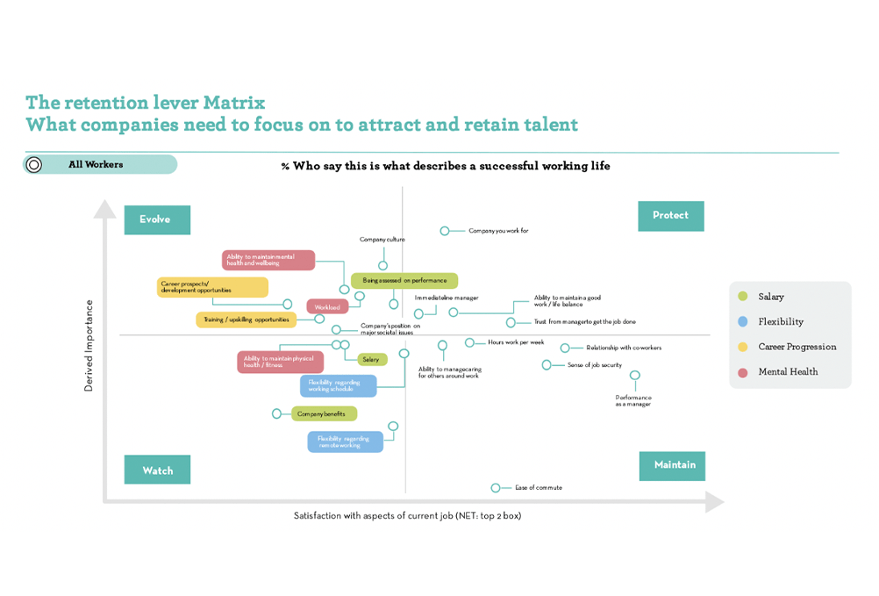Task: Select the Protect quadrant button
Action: click(670, 216)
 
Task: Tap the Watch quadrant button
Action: click(157, 470)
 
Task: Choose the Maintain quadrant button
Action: click(674, 465)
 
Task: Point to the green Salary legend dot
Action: click(743, 297)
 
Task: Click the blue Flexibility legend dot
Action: click(743, 321)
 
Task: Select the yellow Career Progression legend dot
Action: click(743, 347)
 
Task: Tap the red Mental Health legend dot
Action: click(743, 371)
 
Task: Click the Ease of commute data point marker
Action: click(496, 488)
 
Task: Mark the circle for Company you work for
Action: click(445, 231)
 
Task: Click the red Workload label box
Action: click(327, 307)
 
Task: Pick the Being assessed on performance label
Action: click(404, 281)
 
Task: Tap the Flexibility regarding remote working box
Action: click(345, 442)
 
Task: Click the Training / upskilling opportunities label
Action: click(240, 320)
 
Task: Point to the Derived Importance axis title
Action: click(89, 346)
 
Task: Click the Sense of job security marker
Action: click(547, 364)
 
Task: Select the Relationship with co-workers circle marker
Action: click(566, 348)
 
